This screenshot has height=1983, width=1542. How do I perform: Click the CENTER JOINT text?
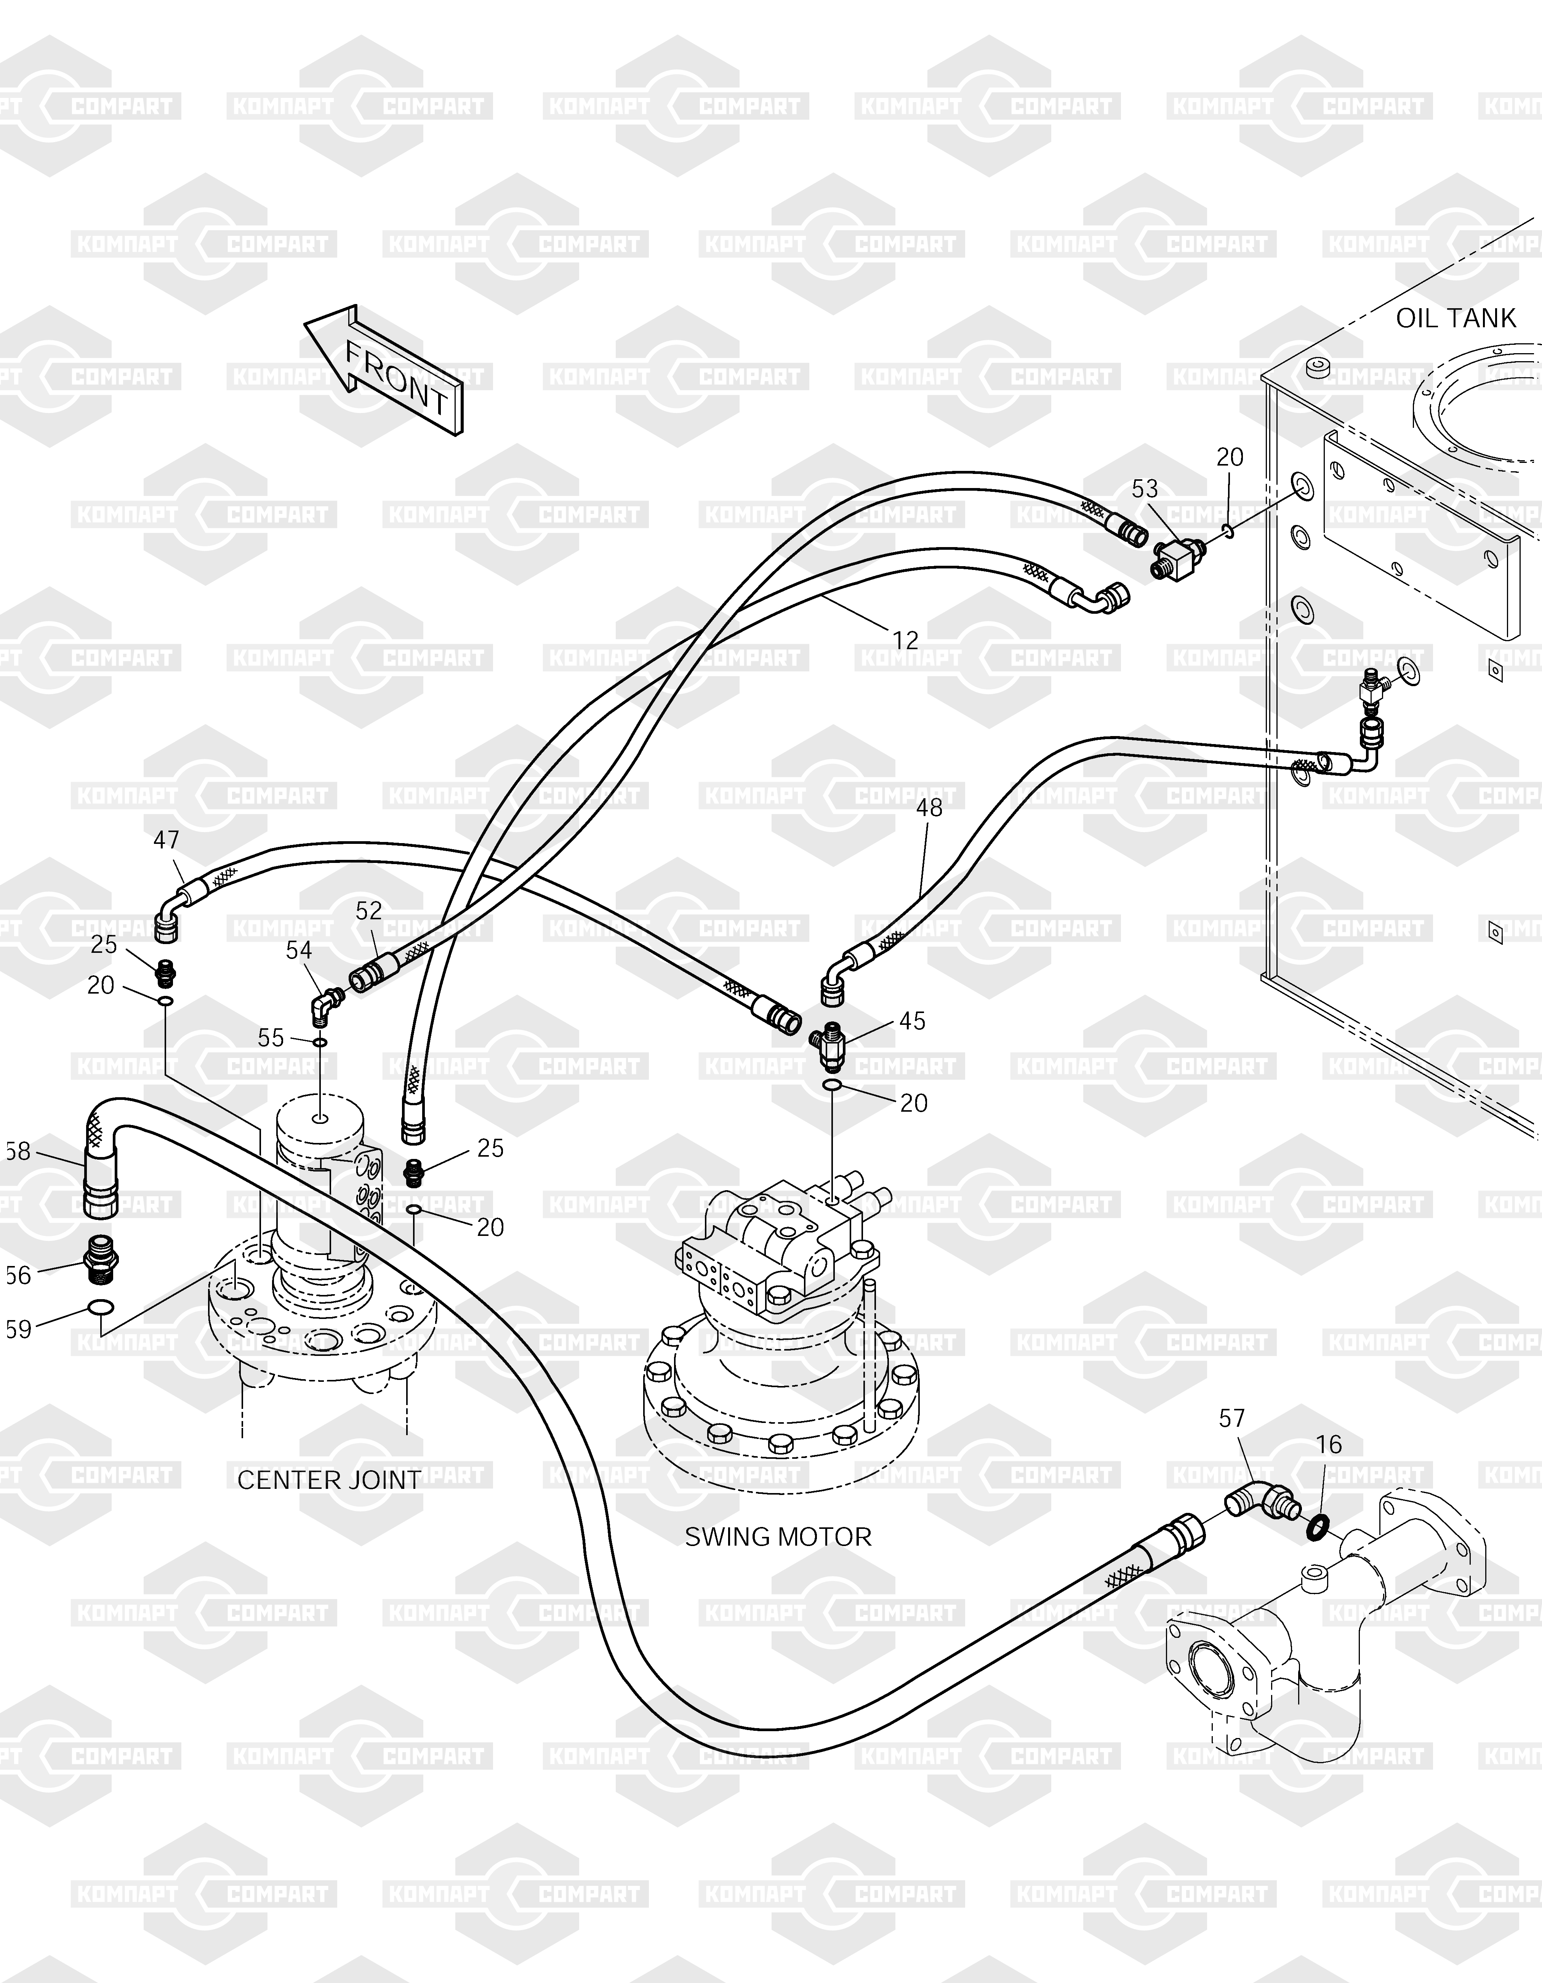click(329, 1480)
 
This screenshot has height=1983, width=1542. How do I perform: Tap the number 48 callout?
click(929, 807)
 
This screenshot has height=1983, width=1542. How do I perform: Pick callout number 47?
click(166, 840)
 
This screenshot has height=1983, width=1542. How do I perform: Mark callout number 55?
click(271, 1038)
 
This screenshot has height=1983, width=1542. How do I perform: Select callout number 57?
click(1231, 1418)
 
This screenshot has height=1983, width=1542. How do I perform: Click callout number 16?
click(1329, 1445)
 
